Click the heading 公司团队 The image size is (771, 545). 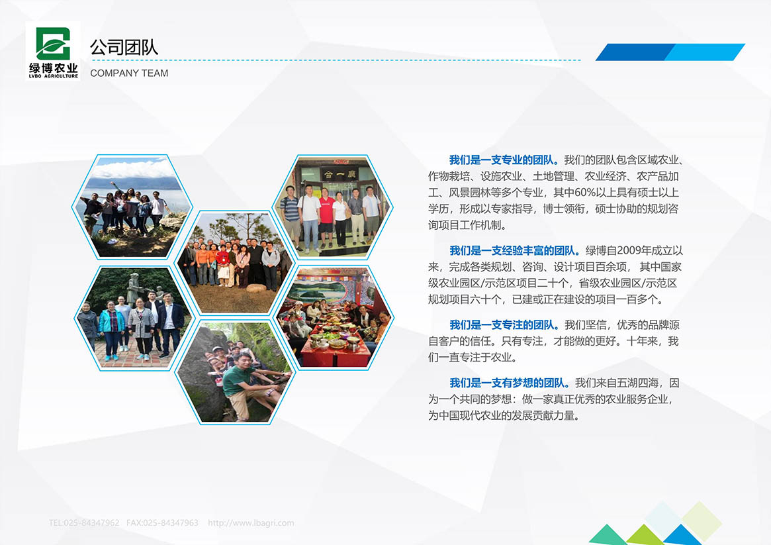[x=124, y=47]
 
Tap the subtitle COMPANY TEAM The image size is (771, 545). [x=129, y=73]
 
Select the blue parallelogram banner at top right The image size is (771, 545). [x=670, y=52]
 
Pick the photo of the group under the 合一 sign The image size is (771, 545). [x=333, y=207]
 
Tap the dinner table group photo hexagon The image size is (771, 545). [x=333, y=317]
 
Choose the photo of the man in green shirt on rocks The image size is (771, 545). [x=234, y=372]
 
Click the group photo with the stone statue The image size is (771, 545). [x=132, y=317]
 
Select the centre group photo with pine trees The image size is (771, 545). [x=234, y=262]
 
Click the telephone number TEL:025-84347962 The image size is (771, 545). [x=84, y=523]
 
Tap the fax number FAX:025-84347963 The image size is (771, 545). [x=162, y=523]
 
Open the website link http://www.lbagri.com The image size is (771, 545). [x=251, y=523]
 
